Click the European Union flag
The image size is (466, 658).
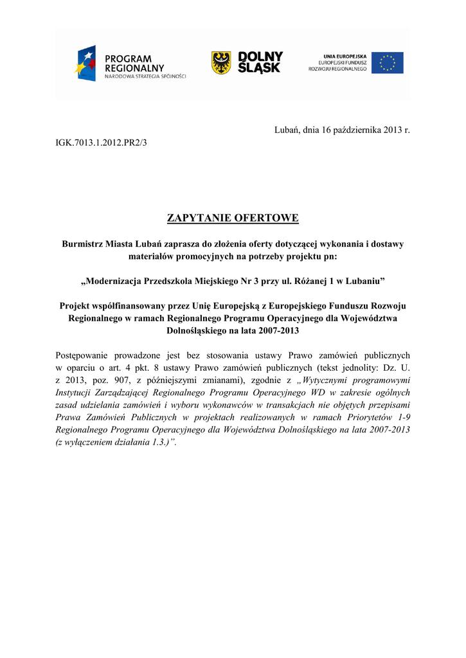(x=388, y=63)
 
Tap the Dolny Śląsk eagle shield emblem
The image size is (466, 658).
(x=221, y=63)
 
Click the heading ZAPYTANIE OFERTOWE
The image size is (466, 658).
(x=233, y=218)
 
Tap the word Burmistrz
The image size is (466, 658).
(x=84, y=244)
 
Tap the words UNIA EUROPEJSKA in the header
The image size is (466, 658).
(x=345, y=56)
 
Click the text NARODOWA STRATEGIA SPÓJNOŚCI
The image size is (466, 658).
(x=145, y=76)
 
